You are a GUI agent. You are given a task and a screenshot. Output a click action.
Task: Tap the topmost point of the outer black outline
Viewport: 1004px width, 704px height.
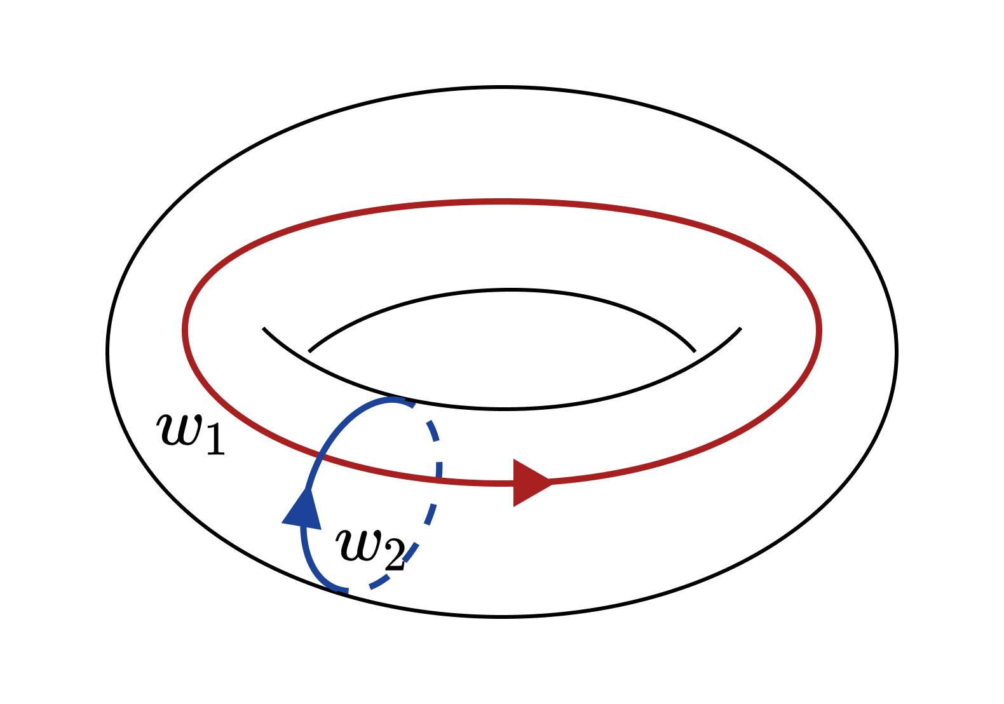502,87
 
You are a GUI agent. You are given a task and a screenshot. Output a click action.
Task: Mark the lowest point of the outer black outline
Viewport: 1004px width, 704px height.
502,617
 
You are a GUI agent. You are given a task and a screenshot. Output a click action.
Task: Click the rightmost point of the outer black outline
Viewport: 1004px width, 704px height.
897,352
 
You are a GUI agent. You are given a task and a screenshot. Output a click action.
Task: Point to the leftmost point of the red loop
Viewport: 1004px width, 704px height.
185,330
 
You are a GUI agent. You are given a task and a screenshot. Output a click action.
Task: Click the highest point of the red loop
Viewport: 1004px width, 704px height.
502,201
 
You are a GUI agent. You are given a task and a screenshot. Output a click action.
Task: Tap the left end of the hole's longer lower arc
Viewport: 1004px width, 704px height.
263,328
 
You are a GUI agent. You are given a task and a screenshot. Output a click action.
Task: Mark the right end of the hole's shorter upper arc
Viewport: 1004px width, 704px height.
695,352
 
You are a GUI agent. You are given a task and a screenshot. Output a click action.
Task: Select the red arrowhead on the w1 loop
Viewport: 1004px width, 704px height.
533,483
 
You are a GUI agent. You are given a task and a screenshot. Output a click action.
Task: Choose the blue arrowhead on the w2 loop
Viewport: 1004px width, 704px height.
302,511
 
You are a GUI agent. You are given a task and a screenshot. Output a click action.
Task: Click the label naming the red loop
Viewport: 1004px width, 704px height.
191,433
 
